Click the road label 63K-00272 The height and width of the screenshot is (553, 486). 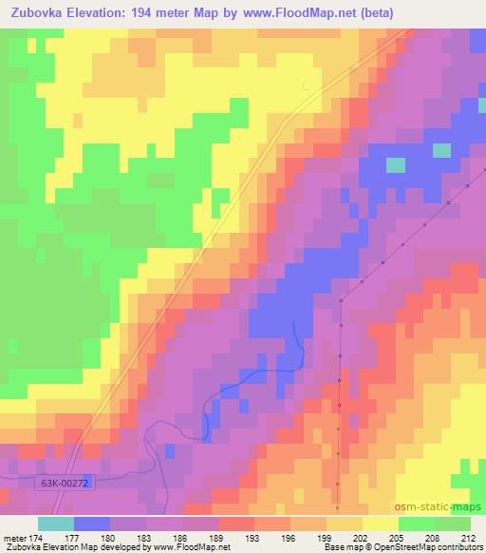coord(65,484)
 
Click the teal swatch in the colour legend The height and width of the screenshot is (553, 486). coord(55,524)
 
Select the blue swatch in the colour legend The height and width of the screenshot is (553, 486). coord(90,524)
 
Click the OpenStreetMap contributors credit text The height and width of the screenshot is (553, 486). coord(419,547)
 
